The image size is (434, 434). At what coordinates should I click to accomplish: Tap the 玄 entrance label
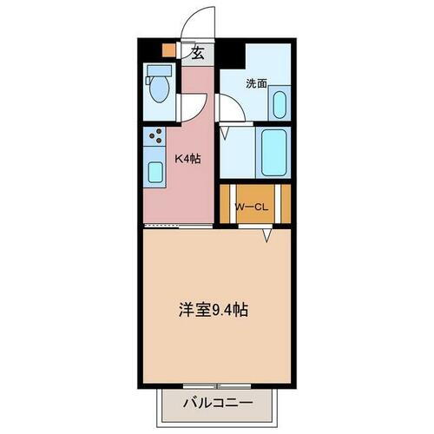click(198, 53)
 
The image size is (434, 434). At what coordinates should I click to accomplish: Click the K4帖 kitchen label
click(189, 158)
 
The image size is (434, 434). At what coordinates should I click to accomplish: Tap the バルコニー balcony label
click(217, 403)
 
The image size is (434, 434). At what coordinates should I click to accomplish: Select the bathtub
click(274, 152)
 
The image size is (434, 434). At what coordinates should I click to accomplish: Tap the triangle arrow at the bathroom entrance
click(225, 135)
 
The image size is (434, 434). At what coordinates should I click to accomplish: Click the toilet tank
click(159, 69)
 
